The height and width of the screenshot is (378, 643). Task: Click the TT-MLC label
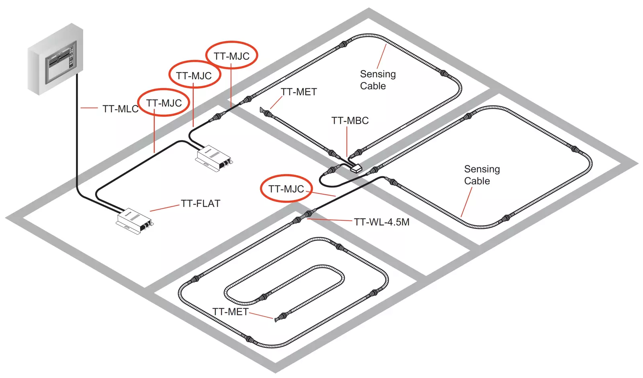(120, 109)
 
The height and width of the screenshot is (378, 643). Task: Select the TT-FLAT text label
(201, 203)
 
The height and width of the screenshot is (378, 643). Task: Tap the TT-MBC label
(350, 121)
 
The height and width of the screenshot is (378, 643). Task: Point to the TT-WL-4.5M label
(381, 222)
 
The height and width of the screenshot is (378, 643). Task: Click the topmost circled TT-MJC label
(231, 56)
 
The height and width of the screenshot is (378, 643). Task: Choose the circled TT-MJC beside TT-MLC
(164, 103)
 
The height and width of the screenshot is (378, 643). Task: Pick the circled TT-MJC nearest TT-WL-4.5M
(286, 189)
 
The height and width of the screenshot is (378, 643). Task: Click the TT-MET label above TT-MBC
(299, 92)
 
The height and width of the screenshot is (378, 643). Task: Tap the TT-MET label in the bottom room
(230, 312)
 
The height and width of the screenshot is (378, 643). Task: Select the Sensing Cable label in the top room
(377, 80)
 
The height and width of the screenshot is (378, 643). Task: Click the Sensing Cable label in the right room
(481, 175)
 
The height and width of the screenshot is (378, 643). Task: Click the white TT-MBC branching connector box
(356, 168)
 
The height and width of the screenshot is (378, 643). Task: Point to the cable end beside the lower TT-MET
(276, 320)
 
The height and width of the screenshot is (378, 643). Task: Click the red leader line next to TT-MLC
(89, 108)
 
